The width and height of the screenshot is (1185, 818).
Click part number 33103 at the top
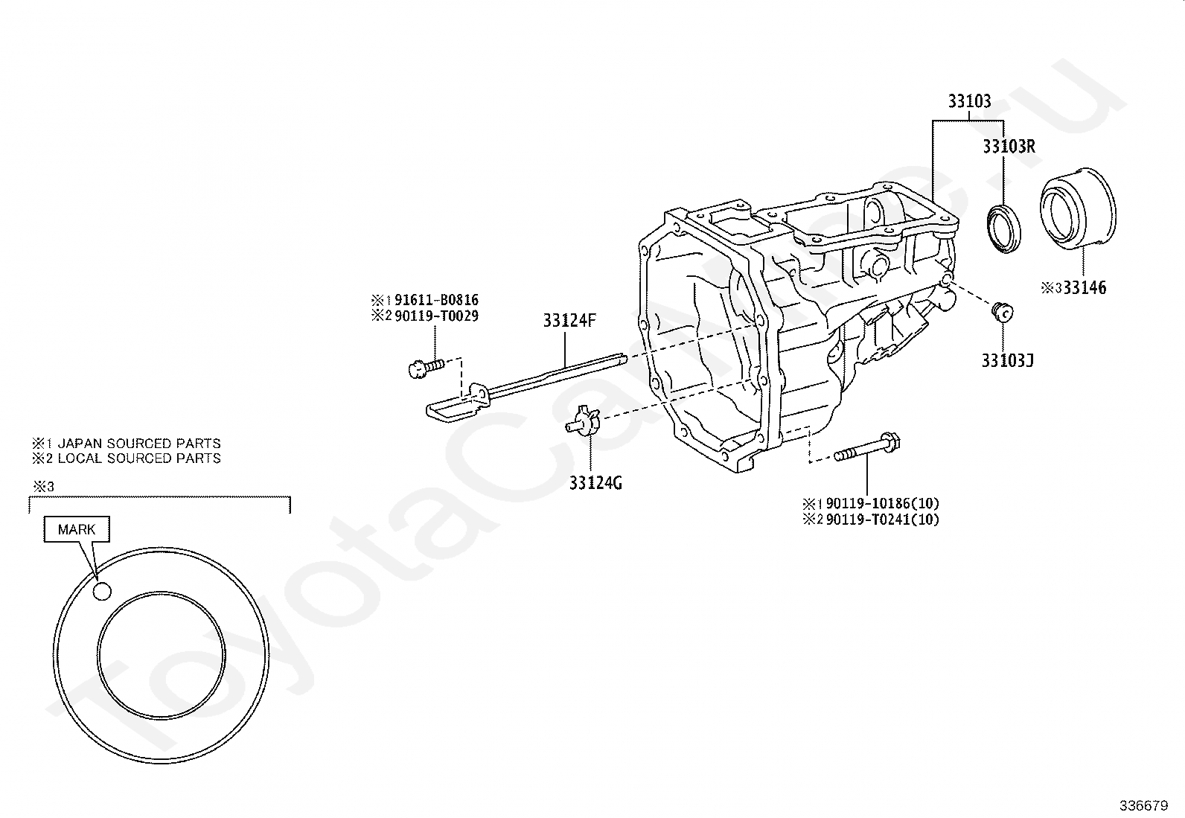(969, 102)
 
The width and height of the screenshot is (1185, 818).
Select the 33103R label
(1009, 147)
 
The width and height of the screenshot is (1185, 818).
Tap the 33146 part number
(1084, 287)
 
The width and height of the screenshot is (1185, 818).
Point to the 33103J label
(1007, 361)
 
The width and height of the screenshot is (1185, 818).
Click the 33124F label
(569, 321)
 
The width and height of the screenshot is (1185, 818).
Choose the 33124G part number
(595, 483)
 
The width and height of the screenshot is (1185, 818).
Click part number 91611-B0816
(436, 300)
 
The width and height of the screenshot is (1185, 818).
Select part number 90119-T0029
(436, 316)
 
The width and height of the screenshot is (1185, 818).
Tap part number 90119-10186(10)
(882, 503)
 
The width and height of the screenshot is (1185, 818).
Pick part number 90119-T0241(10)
(882, 520)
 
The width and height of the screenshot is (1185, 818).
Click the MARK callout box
(77, 530)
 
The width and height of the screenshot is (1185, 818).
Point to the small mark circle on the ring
(102, 591)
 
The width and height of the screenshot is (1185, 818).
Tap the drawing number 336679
(1143, 806)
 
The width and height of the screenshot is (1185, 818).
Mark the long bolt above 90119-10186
(867, 449)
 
